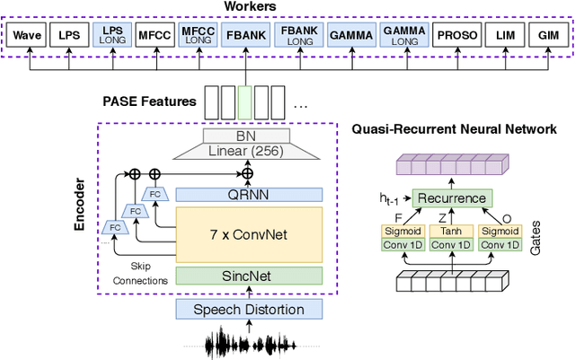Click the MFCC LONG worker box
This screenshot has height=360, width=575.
coord(198,37)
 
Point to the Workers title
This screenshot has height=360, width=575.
coord(287,8)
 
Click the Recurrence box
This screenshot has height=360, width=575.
coord(450,198)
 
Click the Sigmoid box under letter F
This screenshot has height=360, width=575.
coord(402,231)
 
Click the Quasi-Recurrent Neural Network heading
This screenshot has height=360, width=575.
coord(454,130)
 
